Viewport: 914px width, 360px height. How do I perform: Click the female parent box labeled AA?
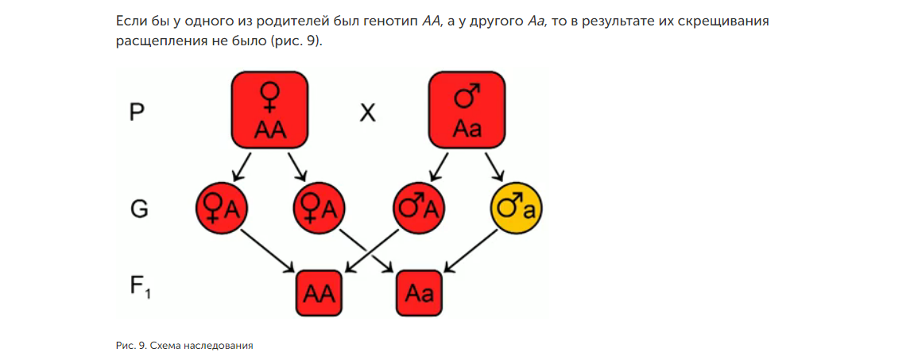coord(270,110)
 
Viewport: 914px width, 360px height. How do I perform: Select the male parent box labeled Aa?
coord(467,110)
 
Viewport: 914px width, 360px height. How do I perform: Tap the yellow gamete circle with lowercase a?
coord(516,209)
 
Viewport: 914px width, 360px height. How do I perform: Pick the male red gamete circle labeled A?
coord(418,209)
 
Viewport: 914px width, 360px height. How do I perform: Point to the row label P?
coord(137,114)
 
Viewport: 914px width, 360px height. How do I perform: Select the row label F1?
coord(141,286)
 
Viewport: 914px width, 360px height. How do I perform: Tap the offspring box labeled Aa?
coord(419,293)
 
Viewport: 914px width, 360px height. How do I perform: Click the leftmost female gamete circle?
coord(222,209)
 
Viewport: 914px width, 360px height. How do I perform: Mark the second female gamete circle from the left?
coord(320,209)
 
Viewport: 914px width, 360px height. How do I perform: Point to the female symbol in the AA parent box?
coord(270,97)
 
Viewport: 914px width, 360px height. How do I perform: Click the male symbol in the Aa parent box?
coord(467,97)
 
